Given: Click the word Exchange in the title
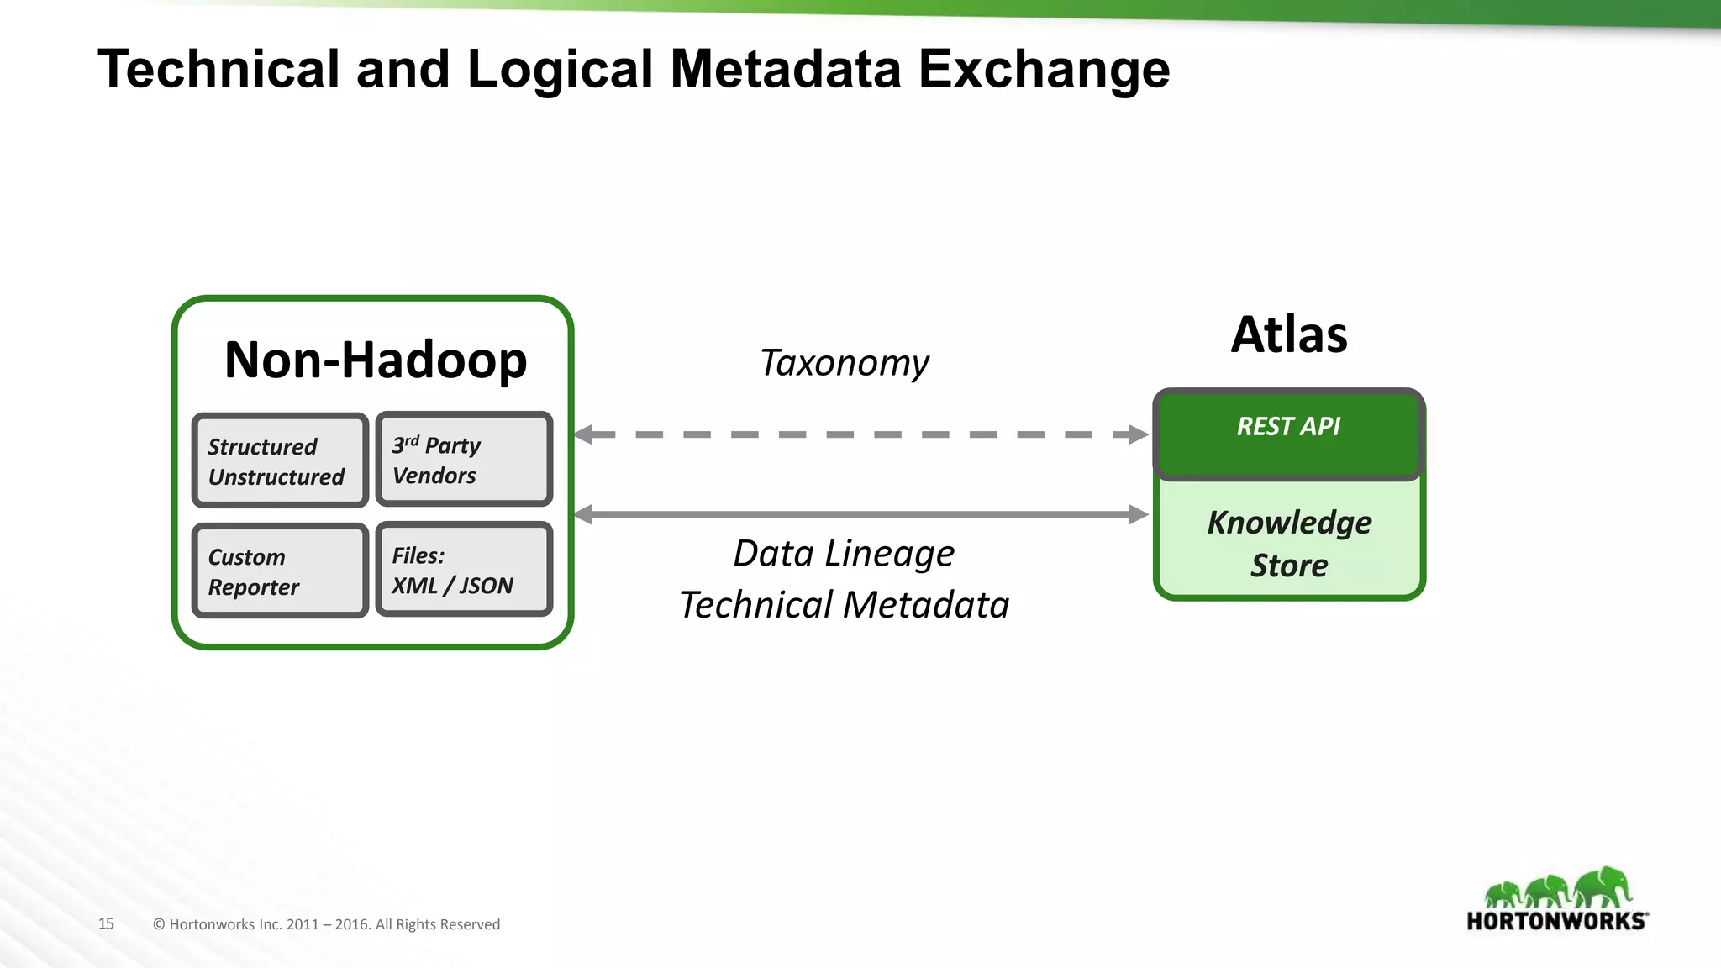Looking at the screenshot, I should [x=1044, y=71].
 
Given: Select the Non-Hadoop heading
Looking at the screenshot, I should [x=376, y=360].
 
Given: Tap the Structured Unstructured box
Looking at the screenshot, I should [x=280, y=460].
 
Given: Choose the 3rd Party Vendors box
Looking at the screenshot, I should [x=464, y=459].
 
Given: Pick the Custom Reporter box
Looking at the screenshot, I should [x=280, y=571].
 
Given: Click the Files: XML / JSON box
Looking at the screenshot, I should [x=464, y=570].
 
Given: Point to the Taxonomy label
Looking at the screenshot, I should [x=844, y=363].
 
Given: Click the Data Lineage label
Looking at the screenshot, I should [x=844, y=554].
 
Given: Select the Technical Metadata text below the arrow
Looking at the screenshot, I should [x=844, y=605].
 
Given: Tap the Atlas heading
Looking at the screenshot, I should [x=1289, y=334].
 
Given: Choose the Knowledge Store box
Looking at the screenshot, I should [x=1289, y=543].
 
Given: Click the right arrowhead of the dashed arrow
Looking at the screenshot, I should [x=1139, y=434].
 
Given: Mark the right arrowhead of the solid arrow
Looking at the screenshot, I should [x=1139, y=514].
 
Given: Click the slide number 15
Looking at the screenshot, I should [x=106, y=923].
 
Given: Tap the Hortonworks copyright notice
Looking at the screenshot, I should [x=326, y=924].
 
